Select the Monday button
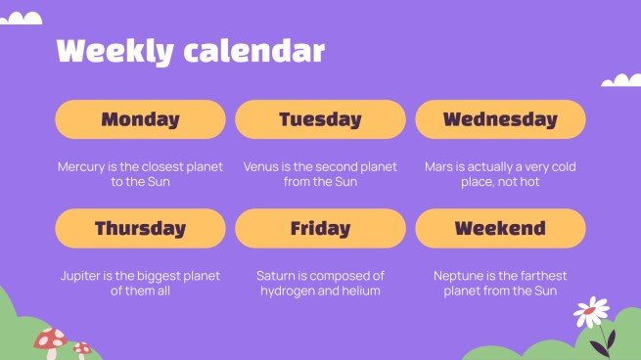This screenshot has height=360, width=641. [x=140, y=119]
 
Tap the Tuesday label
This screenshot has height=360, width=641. [x=320, y=119]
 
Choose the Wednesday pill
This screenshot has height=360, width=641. [x=500, y=119]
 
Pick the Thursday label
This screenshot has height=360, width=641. [x=140, y=229]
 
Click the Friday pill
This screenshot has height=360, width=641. [x=320, y=229]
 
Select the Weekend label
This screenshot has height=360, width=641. [x=500, y=229]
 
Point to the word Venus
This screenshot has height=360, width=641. [x=262, y=167]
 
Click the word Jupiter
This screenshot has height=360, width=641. [x=79, y=277]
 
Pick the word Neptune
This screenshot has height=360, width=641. [x=459, y=277]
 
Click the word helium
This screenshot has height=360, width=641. [x=361, y=292]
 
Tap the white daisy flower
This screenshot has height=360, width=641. [x=591, y=312]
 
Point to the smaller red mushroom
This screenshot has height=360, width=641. [x=82, y=348]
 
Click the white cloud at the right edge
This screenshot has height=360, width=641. [x=621, y=80]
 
